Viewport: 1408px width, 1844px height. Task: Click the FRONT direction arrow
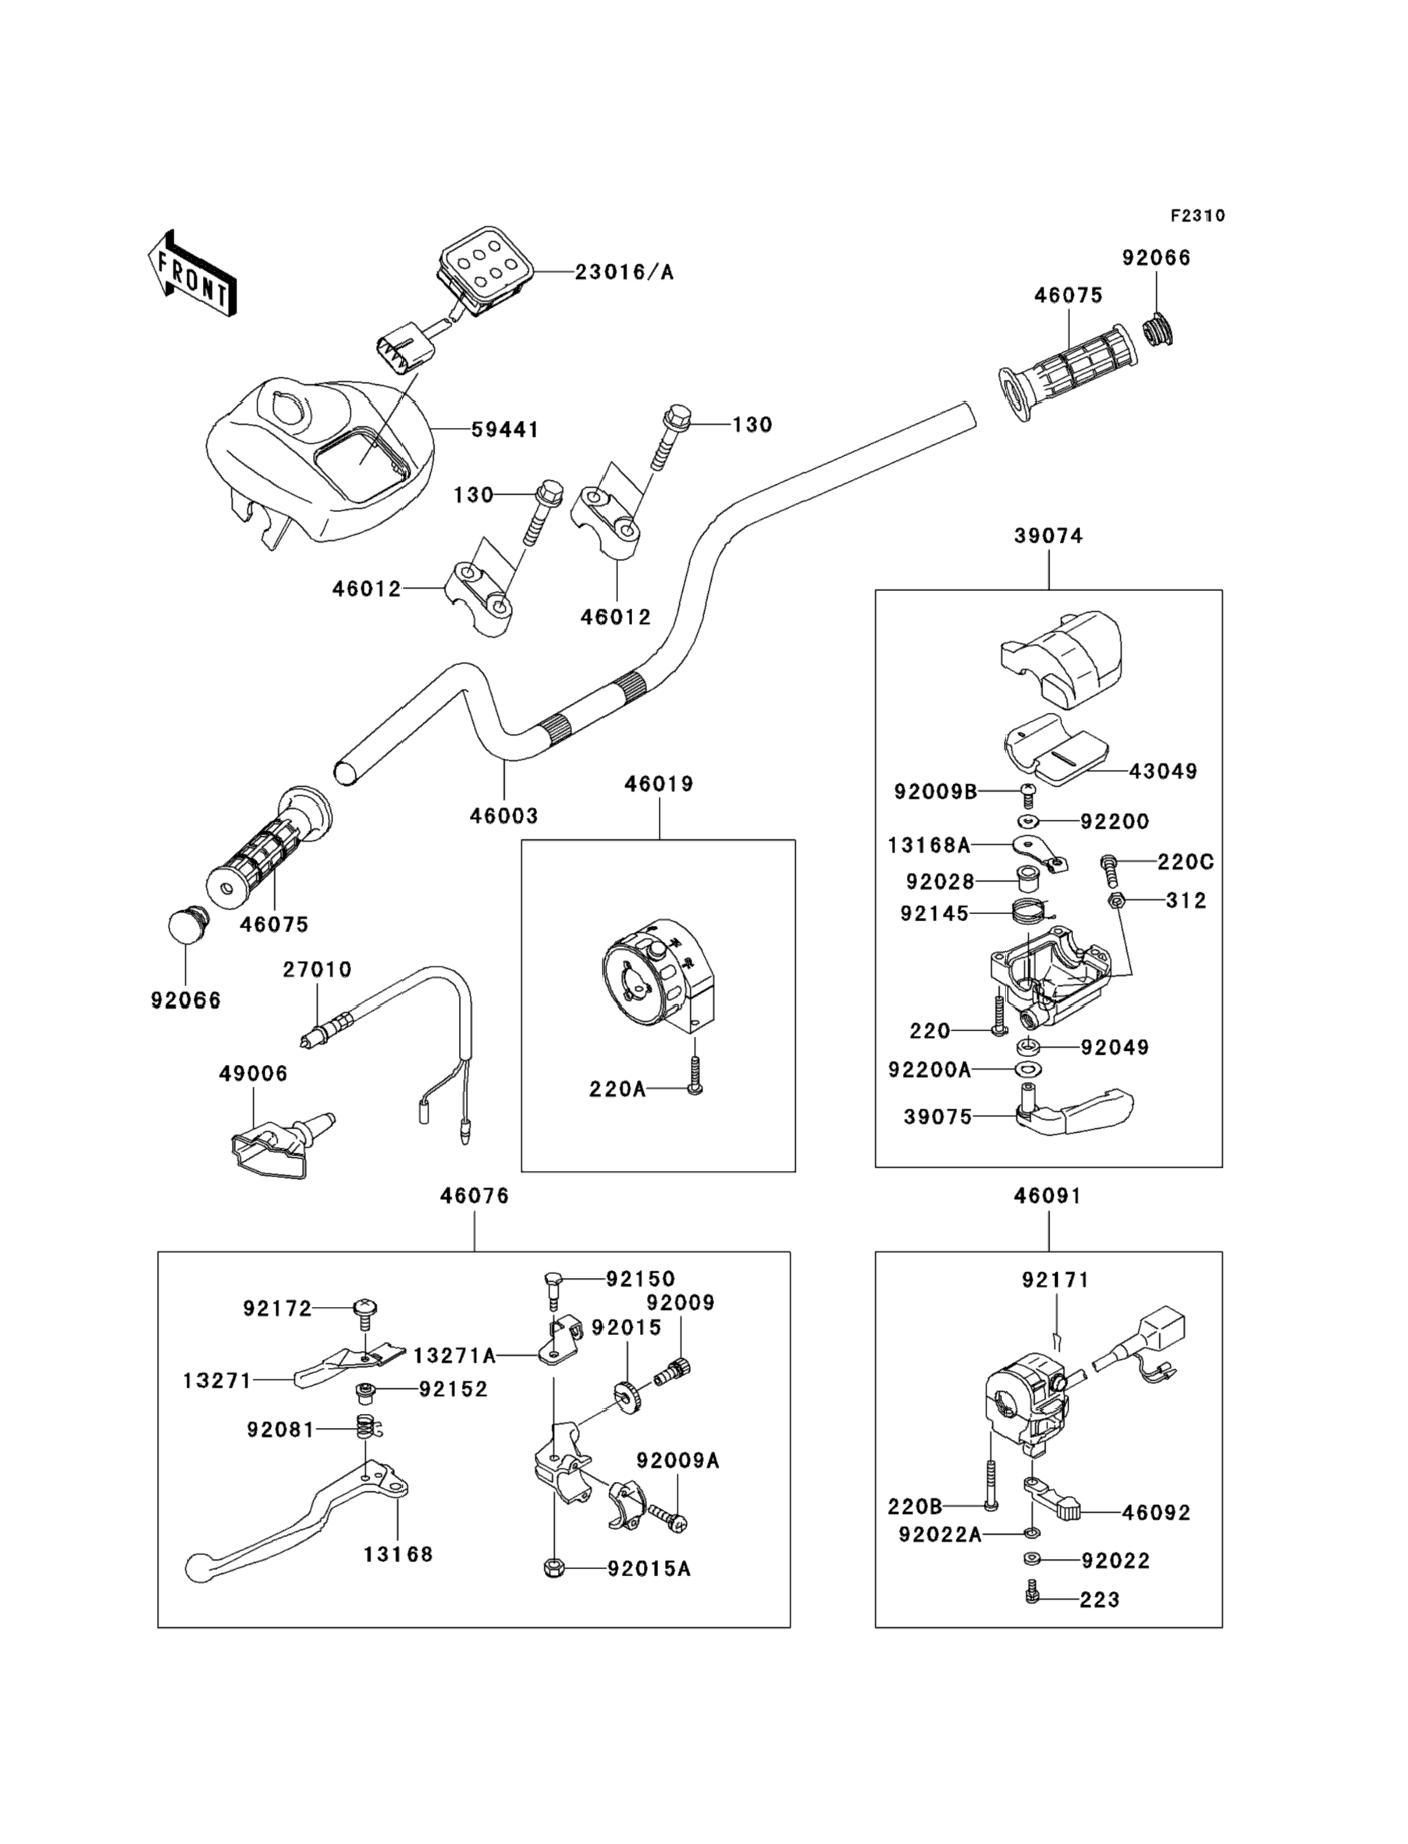coord(191,274)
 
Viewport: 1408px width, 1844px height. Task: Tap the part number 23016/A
coord(624,272)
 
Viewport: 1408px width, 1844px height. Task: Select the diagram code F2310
coord(1197,215)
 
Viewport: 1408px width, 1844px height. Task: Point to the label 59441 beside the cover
coord(504,429)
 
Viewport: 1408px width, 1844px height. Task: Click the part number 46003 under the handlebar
coord(503,815)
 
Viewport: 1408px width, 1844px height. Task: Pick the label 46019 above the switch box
coord(659,784)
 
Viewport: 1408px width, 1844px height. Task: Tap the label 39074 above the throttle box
coord(1048,536)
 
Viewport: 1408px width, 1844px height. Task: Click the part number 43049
coord(1163,771)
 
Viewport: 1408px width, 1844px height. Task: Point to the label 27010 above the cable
coord(317,969)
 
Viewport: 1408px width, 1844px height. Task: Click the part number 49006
coord(253,1073)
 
